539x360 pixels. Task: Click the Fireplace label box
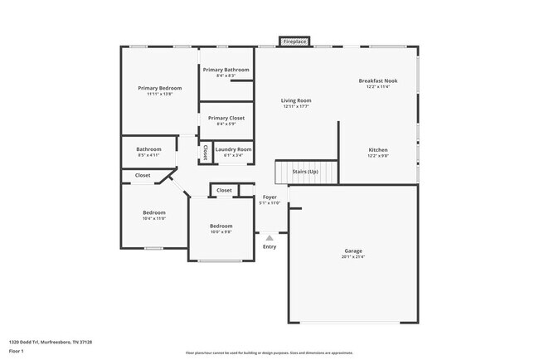point(294,41)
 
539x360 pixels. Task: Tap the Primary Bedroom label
point(159,88)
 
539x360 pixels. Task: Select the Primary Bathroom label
point(226,70)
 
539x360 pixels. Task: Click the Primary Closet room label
point(226,118)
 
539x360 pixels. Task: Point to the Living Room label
point(295,100)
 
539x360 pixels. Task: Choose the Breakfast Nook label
point(377,80)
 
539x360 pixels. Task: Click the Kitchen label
point(377,150)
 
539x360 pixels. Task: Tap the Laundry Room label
point(233,149)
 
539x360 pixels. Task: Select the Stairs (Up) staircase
point(306,172)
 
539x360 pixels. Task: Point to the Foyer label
point(269,197)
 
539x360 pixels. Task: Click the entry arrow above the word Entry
point(269,238)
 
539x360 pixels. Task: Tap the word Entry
point(269,246)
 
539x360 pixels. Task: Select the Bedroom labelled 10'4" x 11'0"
point(154,212)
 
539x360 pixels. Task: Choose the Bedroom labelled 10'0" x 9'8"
point(221,226)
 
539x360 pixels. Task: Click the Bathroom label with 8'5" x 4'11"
point(148,149)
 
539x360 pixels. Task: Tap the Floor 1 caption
point(17,352)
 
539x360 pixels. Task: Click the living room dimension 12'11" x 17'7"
point(295,107)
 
